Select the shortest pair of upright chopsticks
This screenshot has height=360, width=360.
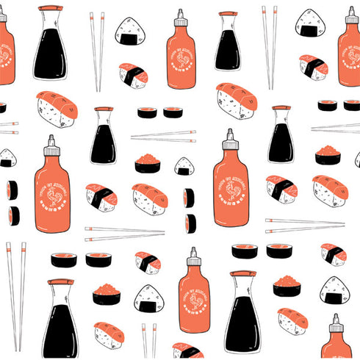point(149,339)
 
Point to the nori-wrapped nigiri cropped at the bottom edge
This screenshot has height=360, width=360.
point(187,351)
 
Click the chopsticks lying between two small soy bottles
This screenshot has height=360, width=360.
point(163,136)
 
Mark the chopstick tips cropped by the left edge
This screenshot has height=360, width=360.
point(7,128)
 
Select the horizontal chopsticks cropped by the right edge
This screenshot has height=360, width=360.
point(335,128)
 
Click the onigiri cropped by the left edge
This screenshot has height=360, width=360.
point(6,157)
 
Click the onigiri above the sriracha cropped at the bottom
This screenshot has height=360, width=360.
point(334,290)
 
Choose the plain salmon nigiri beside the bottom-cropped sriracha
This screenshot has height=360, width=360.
point(292,321)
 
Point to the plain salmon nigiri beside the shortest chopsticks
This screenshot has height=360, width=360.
point(109,334)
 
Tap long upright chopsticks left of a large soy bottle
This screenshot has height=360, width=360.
point(15,294)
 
